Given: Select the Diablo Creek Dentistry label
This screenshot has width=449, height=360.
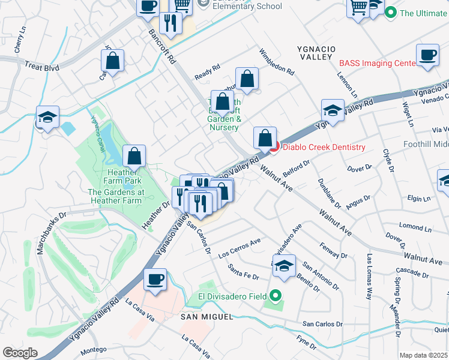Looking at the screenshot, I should click(x=324, y=147).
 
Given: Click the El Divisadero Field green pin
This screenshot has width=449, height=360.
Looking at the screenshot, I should click(x=276, y=295).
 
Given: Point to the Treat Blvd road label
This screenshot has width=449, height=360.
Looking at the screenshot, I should click(x=43, y=68).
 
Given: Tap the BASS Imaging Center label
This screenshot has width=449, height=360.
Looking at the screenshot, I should click(x=378, y=62).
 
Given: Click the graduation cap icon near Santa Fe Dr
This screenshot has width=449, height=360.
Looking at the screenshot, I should click(x=285, y=266).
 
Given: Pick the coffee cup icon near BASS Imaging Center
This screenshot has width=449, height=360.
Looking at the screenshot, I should click(x=427, y=55).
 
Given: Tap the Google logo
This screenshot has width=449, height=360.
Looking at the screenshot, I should click(x=20, y=353).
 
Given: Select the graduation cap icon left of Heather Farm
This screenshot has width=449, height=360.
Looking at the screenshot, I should click(x=46, y=116).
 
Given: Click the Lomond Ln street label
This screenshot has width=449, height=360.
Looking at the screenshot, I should click(x=411, y=228).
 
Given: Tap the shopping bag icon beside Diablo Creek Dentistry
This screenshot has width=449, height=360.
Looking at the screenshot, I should click(x=265, y=138).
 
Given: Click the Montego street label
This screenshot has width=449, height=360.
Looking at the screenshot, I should click(x=94, y=349).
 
